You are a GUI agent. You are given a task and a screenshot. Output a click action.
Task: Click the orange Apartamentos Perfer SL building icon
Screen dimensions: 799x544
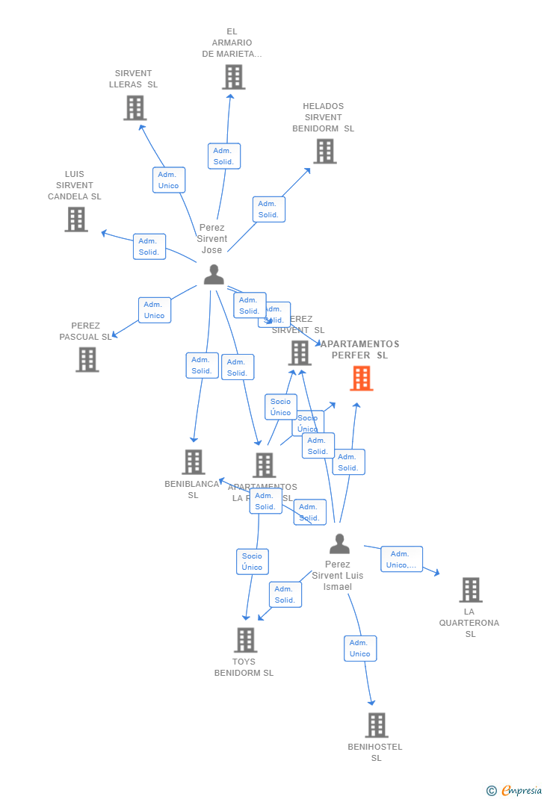[x=362, y=378]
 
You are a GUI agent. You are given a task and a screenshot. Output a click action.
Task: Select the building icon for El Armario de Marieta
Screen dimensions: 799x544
[x=233, y=77]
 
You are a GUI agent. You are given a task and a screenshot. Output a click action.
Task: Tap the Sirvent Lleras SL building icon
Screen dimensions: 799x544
[x=135, y=108]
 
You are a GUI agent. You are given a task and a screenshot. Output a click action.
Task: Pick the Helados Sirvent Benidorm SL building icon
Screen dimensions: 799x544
[x=324, y=151]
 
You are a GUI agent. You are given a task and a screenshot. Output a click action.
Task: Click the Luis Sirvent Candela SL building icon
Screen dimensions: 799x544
[x=76, y=219]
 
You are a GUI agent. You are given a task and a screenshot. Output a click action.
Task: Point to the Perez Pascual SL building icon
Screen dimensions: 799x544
[x=87, y=359]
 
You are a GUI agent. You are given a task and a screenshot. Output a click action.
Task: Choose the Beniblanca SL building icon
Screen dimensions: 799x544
[x=194, y=461]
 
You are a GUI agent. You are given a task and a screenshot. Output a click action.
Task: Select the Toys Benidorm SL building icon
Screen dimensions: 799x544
[x=245, y=640]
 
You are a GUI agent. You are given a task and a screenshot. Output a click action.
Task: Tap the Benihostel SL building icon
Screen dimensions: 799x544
[x=377, y=724]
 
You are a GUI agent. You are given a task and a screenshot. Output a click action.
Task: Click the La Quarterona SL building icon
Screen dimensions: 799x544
[x=470, y=589]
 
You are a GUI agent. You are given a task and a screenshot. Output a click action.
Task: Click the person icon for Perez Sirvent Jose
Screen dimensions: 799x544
[x=214, y=275]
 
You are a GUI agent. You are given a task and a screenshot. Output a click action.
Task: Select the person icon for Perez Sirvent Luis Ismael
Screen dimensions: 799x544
[x=339, y=544]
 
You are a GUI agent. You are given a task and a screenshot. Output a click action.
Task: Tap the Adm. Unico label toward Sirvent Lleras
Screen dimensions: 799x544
[x=169, y=180]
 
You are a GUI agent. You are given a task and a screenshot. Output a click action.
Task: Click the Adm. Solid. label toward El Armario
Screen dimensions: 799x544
[x=223, y=156]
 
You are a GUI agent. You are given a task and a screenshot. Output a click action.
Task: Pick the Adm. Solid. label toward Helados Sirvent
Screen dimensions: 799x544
[x=268, y=209]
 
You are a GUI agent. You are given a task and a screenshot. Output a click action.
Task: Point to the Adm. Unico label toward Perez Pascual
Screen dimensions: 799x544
[x=154, y=310]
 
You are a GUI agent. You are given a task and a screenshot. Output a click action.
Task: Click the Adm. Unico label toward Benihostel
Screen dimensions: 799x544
[x=359, y=648]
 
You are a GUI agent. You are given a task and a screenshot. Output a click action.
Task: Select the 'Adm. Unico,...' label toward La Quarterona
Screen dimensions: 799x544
[x=401, y=559]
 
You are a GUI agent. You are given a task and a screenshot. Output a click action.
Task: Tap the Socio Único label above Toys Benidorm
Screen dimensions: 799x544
[x=252, y=562]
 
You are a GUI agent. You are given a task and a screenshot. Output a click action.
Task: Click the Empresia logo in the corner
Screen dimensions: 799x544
[x=515, y=790]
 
